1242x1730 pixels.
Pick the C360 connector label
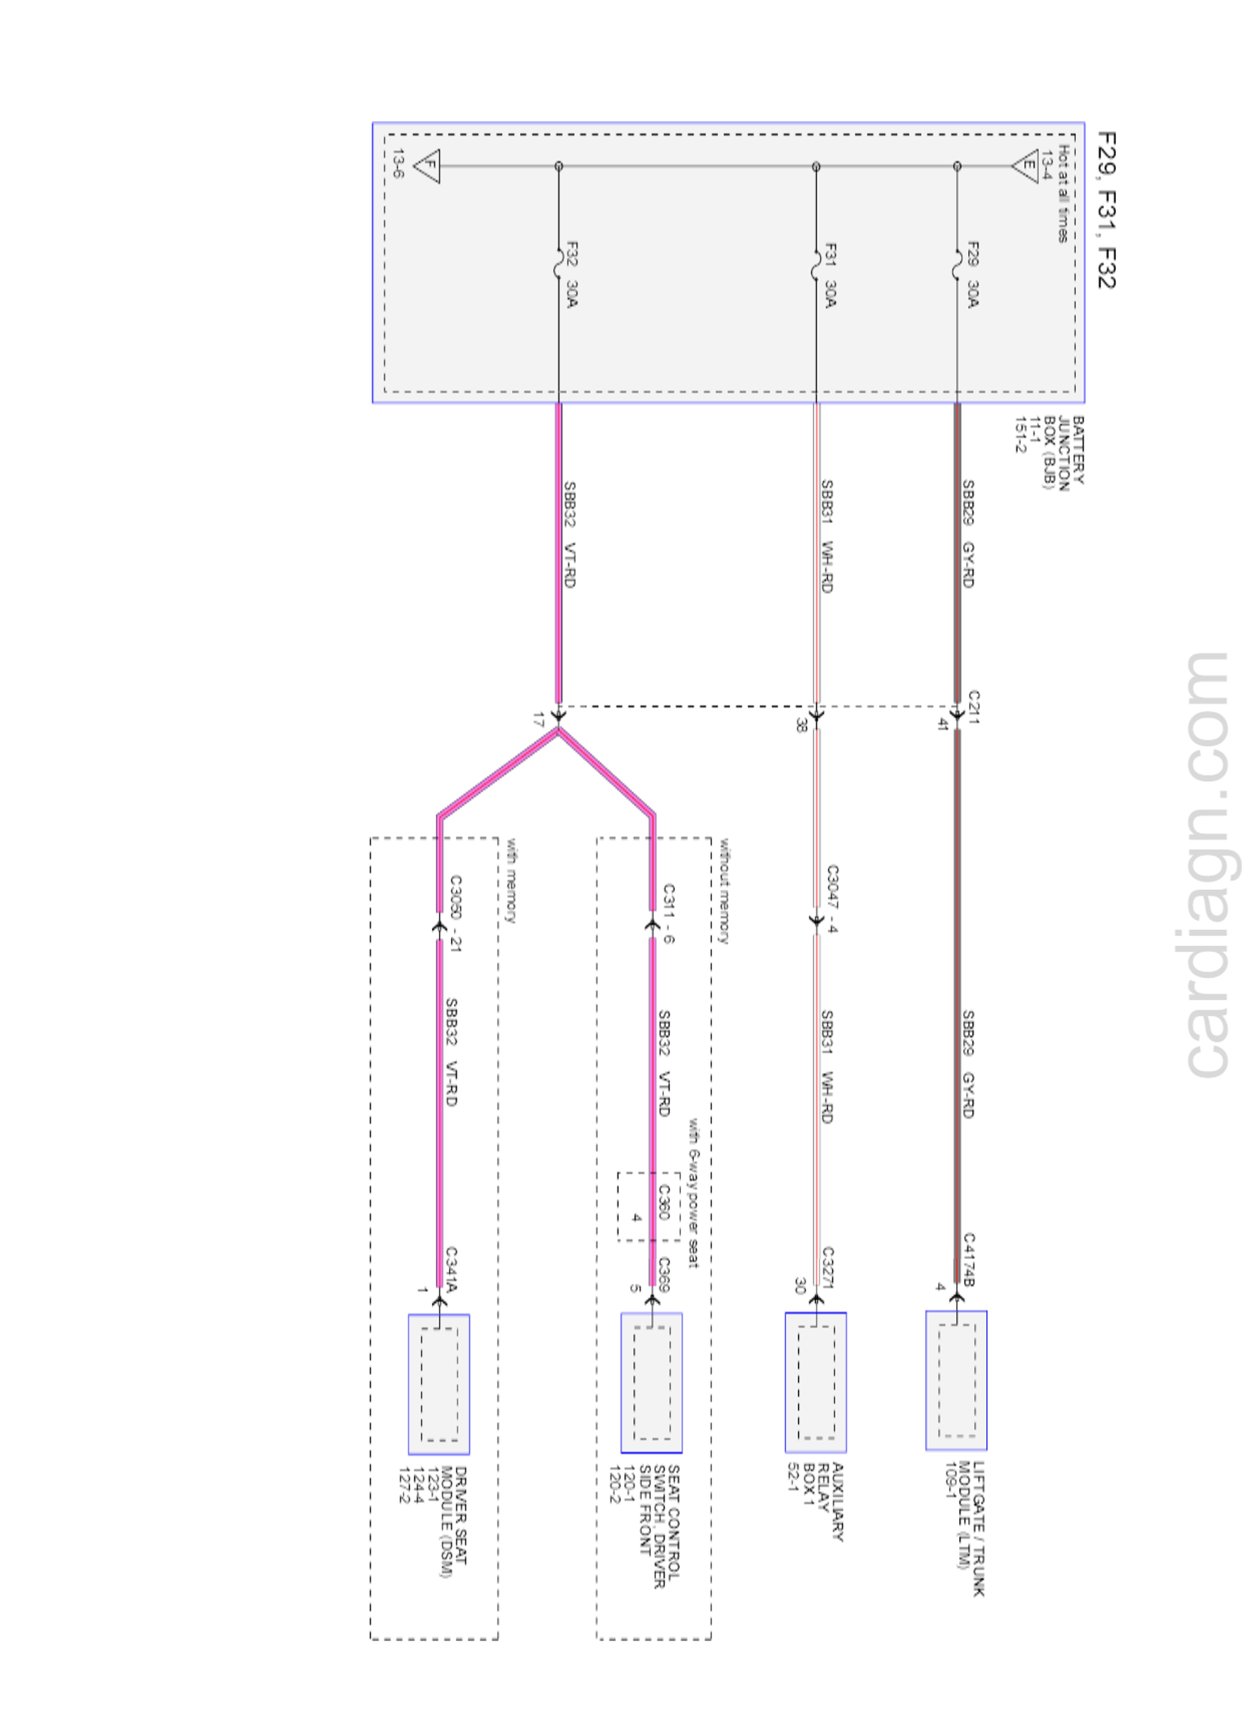click(663, 1201)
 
